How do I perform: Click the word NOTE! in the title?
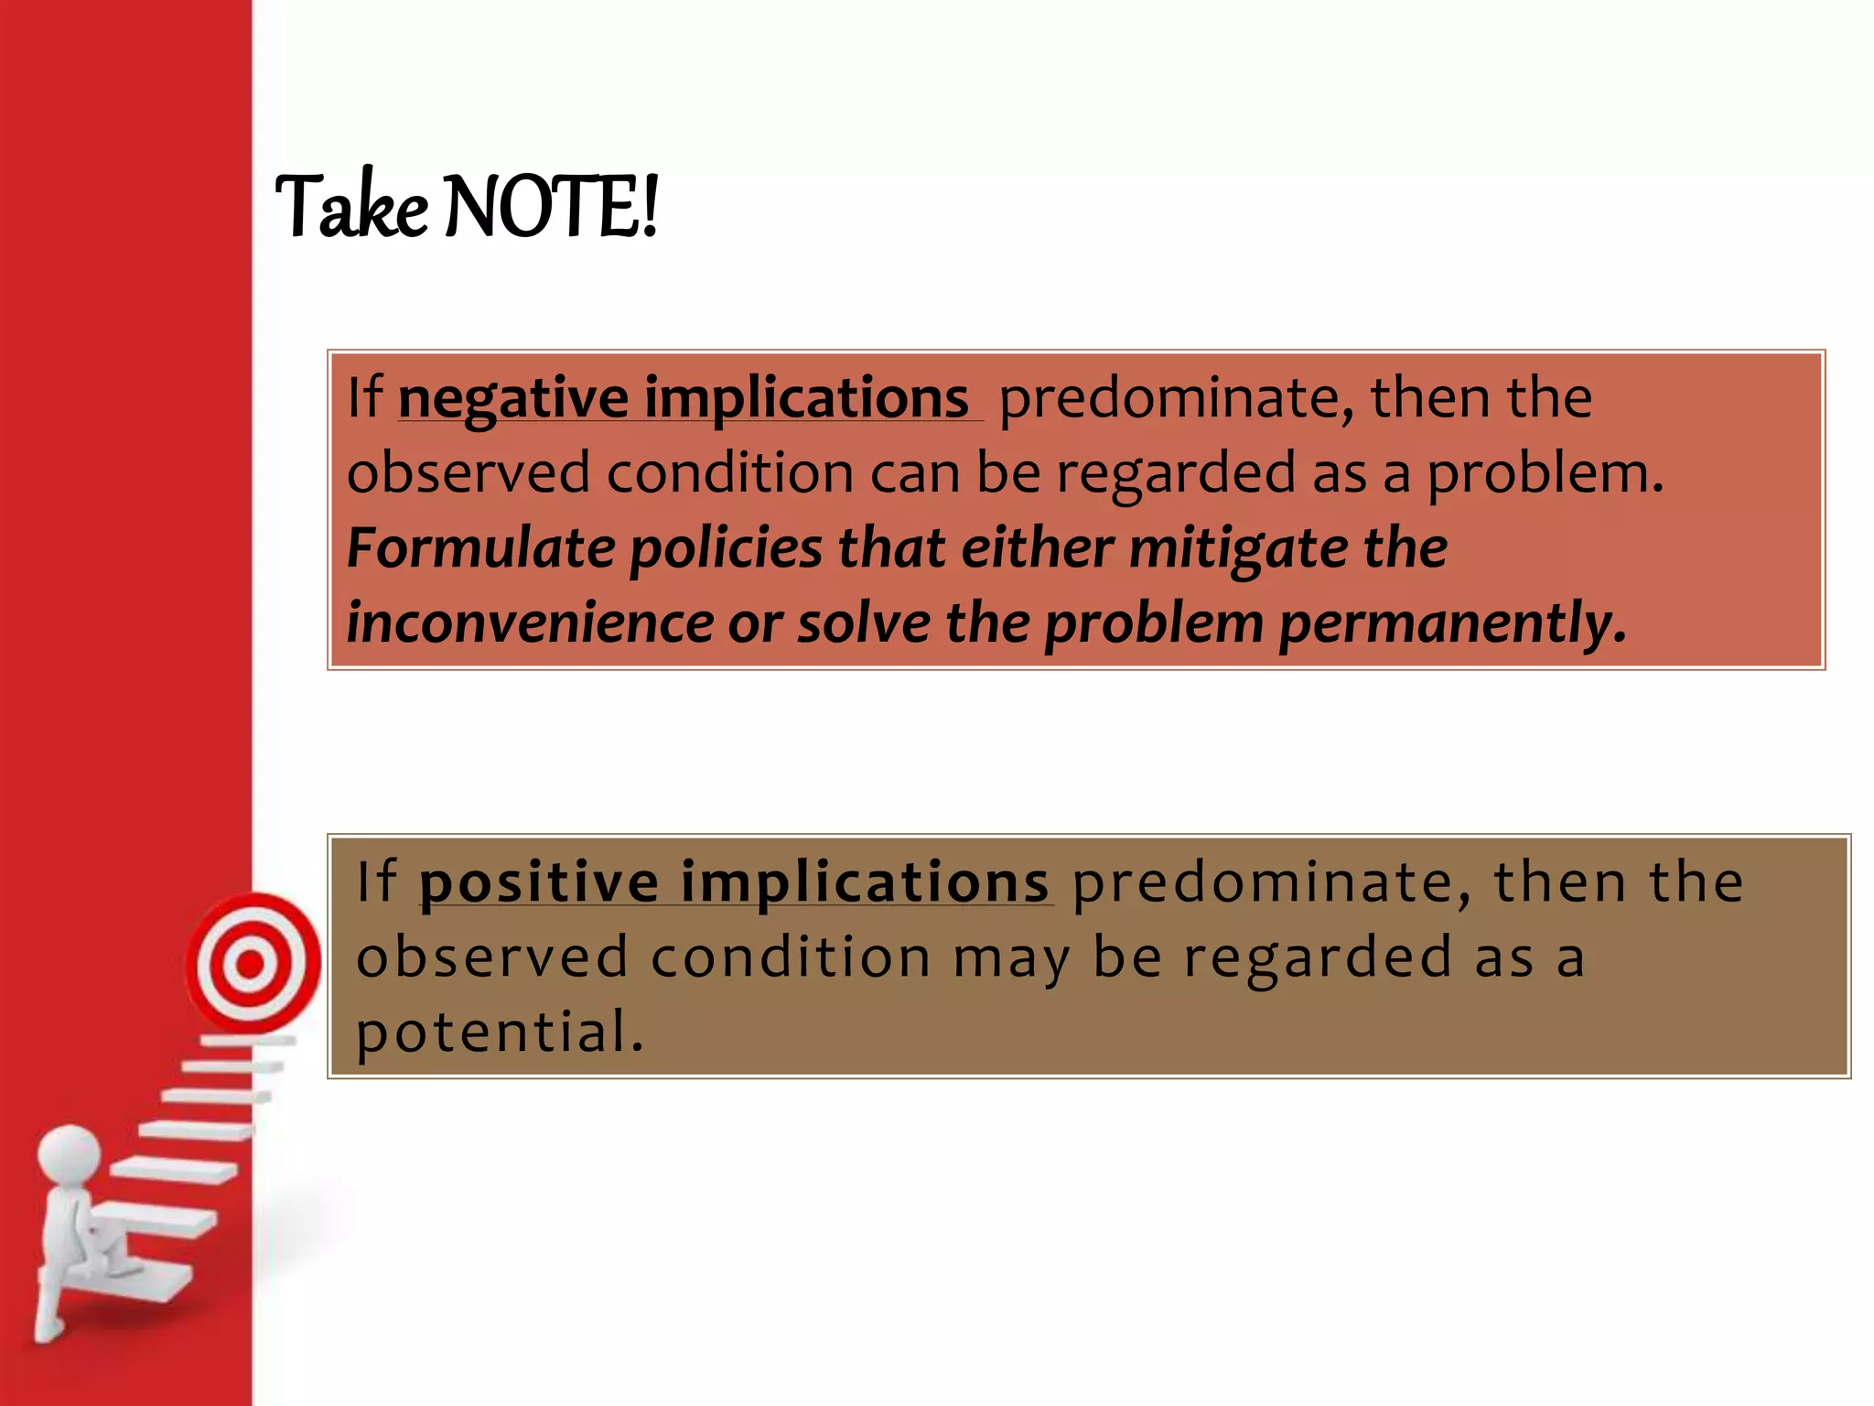551,207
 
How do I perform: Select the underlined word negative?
512,398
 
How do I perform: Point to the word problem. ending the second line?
1545,473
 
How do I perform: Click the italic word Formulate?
480,548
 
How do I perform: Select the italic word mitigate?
1238,548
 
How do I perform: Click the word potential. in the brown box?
500,1032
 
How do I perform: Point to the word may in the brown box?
1011,957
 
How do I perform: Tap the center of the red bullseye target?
250,963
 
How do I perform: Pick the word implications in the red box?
806,398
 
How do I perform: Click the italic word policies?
727,548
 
